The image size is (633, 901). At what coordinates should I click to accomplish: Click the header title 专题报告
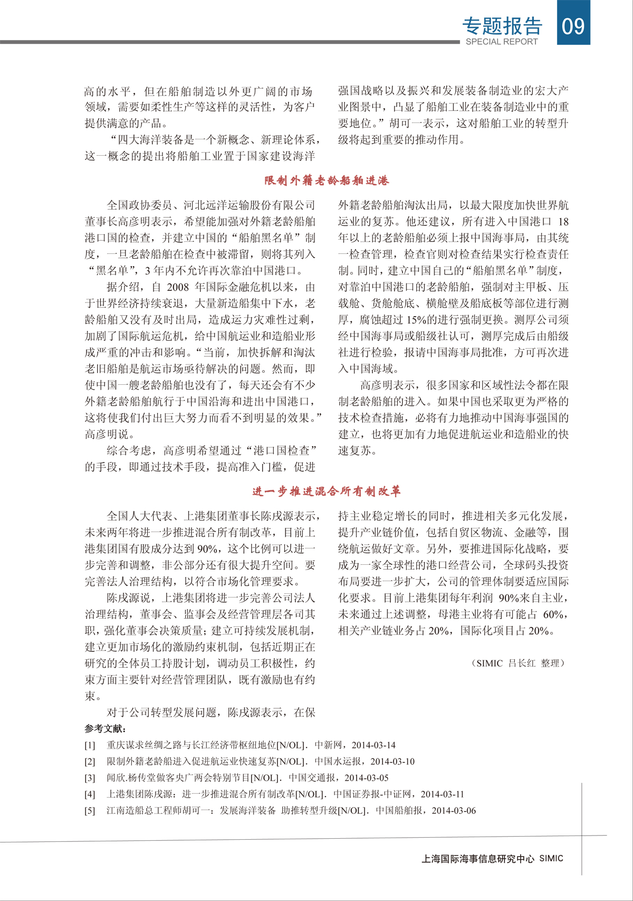point(502,25)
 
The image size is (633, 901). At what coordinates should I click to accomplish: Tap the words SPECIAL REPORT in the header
point(502,42)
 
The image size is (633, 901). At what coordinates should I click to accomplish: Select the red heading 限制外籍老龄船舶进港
point(327,181)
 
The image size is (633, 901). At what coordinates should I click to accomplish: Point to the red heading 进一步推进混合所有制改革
point(327,491)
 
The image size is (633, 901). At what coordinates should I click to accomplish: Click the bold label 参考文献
point(105,728)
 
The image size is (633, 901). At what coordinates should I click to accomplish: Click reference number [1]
point(90,745)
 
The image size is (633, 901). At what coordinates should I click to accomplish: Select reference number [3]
point(90,778)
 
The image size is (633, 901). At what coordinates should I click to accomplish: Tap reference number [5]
point(90,811)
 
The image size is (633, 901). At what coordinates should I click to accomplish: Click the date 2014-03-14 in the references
point(373,745)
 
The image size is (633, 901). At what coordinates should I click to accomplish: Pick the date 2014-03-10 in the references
point(392,762)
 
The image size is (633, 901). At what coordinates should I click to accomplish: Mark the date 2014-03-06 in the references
point(454,811)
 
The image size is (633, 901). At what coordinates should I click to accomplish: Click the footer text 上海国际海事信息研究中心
point(478,859)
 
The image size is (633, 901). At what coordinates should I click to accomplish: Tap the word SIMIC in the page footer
point(551,859)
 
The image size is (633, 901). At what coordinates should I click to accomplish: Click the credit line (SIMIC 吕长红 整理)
point(518,663)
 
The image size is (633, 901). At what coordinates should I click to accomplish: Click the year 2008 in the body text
point(178,287)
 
